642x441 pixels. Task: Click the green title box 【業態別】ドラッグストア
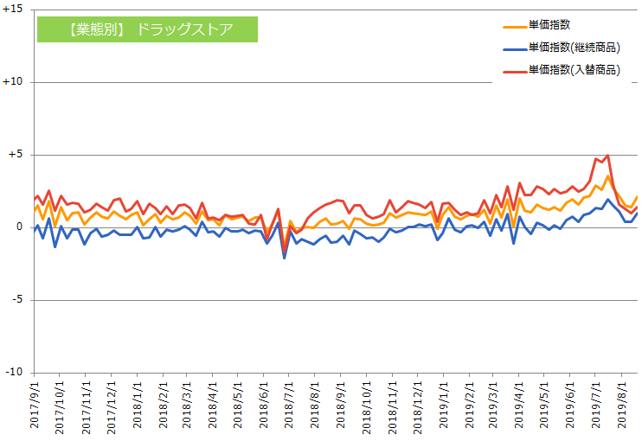[147, 29]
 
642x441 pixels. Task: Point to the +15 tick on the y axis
[13, 10]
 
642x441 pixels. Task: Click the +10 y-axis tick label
[13, 82]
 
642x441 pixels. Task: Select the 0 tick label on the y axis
[20, 227]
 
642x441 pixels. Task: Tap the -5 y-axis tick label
[16, 300]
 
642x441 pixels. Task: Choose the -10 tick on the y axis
[13, 373]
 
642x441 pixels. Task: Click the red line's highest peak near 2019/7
[607, 156]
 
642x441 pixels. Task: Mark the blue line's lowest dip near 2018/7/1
[285, 258]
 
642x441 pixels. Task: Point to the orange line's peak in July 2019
[607, 176]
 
